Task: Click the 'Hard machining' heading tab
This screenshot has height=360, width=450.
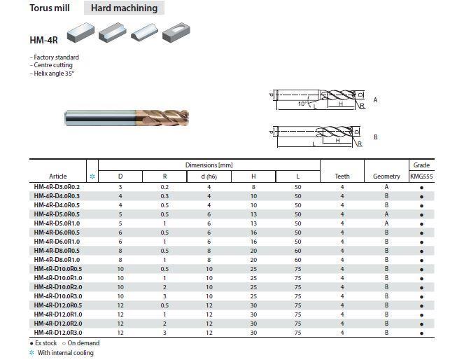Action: coord(124,8)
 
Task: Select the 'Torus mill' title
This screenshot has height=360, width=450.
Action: coord(50,8)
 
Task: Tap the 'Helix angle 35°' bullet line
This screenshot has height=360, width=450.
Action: coord(52,74)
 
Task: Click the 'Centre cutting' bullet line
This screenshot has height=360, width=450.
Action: coord(51,65)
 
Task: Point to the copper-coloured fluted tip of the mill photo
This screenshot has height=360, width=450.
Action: coord(162,118)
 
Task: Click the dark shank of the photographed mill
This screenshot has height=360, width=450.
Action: coord(100,118)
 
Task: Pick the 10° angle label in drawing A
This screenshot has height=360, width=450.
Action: coord(302,104)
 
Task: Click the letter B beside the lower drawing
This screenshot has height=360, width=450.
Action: coord(375,137)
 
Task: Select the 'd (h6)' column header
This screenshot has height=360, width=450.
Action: coord(209,176)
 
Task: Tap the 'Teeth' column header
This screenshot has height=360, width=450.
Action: coord(342,176)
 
